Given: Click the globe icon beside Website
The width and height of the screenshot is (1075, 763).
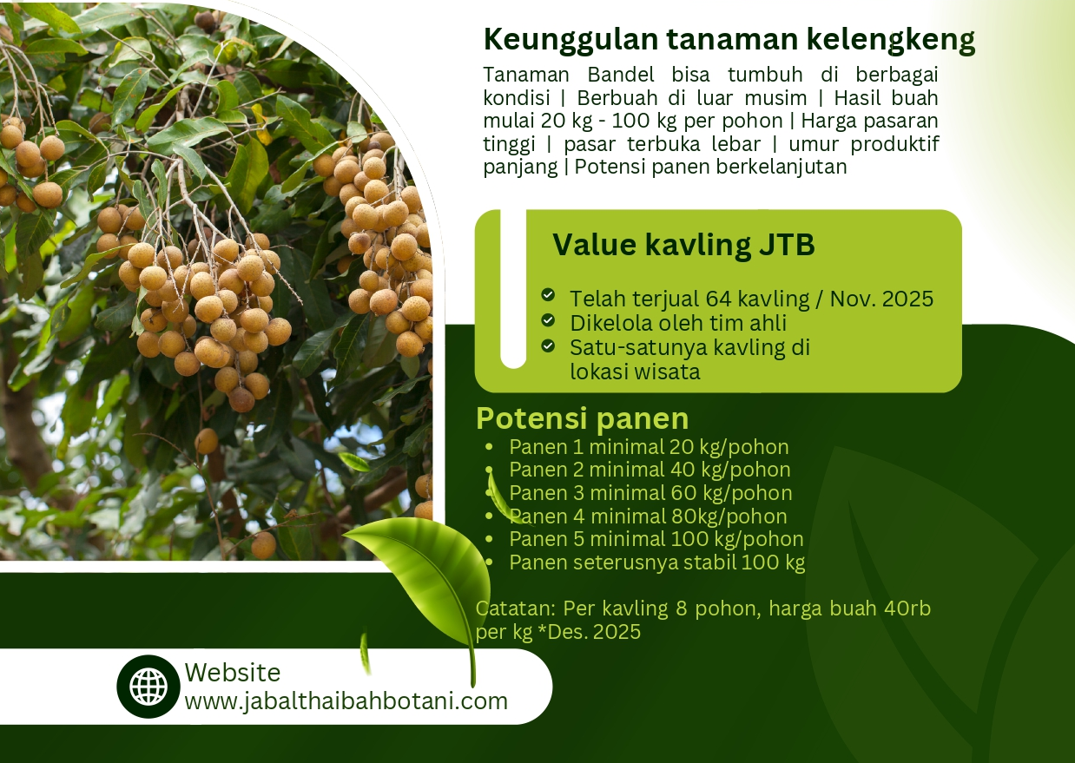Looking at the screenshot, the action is coord(148,687).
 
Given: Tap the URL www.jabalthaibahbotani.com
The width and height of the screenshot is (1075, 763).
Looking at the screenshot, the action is coord(346,701).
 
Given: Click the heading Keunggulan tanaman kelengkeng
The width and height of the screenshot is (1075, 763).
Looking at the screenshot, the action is coord(729,40).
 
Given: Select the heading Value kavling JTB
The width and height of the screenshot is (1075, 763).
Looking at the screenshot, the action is coord(683,245).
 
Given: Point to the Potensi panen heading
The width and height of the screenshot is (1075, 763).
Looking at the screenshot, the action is coord(582,418).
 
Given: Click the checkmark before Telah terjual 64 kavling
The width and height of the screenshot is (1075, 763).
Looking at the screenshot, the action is coord(548,294).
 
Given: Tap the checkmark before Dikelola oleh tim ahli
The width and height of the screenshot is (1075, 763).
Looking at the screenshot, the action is coord(548,319).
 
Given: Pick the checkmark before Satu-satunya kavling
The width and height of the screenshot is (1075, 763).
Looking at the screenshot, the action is coord(548,345).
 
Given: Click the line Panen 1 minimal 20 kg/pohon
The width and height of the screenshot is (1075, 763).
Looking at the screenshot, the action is coord(649,447).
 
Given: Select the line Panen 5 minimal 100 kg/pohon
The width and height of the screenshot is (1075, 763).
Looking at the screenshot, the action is coord(656,539).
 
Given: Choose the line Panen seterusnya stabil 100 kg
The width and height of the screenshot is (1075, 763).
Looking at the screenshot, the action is coord(657,562).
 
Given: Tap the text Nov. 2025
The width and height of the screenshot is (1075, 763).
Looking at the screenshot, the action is coord(881,299).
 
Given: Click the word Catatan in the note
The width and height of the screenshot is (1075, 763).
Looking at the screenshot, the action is coord(516,608).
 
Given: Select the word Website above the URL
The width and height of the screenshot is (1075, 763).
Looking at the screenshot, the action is coord(233,673).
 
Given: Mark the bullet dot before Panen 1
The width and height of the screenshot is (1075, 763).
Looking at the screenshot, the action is coord(489,447).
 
